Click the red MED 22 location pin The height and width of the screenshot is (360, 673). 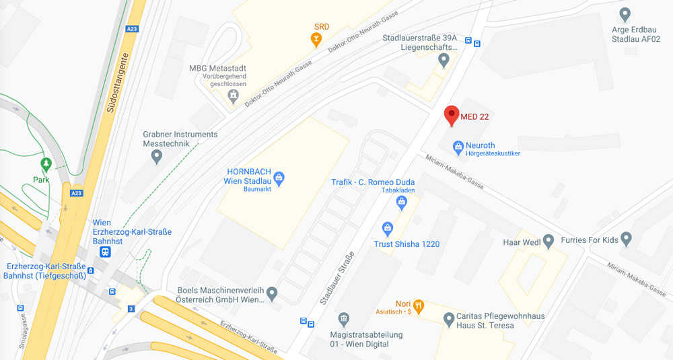[x=452, y=114]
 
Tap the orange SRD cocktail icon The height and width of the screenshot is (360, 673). [x=316, y=40]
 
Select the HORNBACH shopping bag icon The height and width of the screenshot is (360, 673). [x=279, y=178]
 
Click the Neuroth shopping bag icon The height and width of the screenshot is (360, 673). [x=458, y=145]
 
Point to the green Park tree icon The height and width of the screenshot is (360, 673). [x=46, y=164]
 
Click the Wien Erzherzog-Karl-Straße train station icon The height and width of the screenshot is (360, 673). [x=105, y=252]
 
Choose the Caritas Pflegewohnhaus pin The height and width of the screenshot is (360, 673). [x=450, y=318]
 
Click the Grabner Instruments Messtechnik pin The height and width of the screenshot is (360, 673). [x=157, y=157]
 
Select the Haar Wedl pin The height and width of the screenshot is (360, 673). [x=548, y=240]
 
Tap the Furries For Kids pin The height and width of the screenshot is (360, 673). [x=627, y=238]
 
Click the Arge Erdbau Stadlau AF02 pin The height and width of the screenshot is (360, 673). [x=625, y=13]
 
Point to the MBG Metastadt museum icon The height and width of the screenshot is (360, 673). [x=233, y=96]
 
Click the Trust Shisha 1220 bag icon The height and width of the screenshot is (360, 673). [x=387, y=229]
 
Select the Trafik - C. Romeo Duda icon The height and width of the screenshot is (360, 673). [x=402, y=201]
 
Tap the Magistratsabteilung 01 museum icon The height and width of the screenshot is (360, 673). [x=344, y=318]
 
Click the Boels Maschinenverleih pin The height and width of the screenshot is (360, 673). [x=272, y=293]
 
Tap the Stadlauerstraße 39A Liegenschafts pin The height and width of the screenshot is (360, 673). [x=444, y=61]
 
